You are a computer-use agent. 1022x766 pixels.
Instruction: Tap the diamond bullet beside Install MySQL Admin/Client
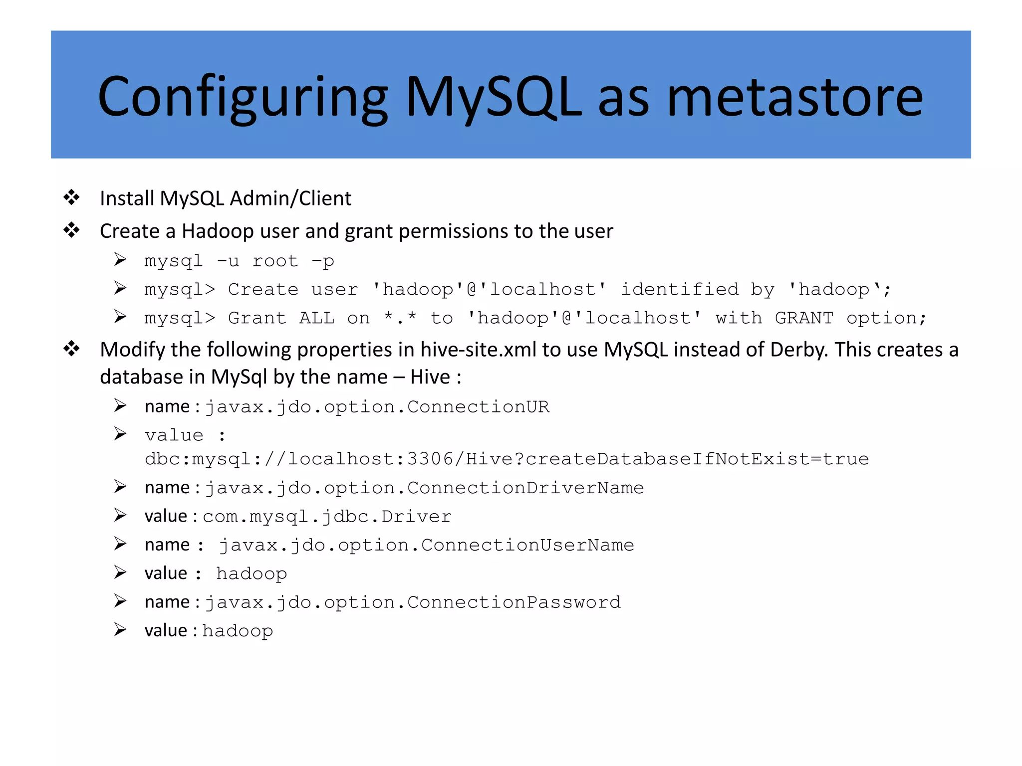coord(72,197)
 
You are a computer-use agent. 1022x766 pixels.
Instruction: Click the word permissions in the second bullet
coord(454,231)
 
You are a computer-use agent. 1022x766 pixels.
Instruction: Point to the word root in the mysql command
coord(275,261)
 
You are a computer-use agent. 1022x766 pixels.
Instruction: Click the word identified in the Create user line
coord(679,289)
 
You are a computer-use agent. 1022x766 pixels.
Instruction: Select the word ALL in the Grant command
coord(316,318)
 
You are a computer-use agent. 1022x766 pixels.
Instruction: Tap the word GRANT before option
coord(803,318)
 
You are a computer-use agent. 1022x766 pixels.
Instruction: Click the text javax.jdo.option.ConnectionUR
coord(377,407)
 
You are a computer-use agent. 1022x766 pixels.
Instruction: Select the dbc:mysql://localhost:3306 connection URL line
coord(507,459)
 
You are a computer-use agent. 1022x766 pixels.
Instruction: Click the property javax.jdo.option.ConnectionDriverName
coord(424,488)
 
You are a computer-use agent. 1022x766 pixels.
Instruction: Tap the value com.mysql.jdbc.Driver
coord(327,517)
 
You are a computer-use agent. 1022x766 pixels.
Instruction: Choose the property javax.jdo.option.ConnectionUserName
coord(427,545)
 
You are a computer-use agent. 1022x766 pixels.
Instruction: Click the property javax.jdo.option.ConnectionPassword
coord(413,602)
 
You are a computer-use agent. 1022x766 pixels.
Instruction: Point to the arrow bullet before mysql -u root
coord(120,260)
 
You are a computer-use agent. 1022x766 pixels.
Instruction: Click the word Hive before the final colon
coord(430,378)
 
